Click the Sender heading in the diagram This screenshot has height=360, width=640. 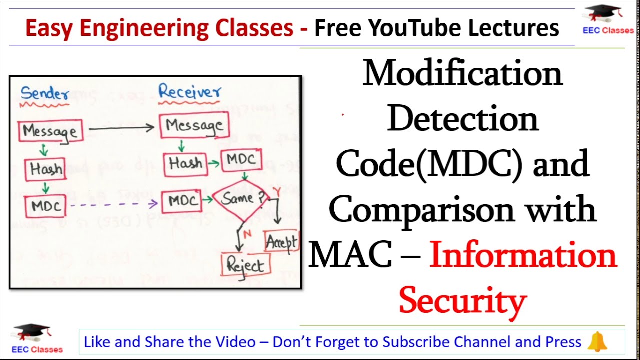[x=45, y=93]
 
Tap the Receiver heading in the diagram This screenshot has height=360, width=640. [x=189, y=91]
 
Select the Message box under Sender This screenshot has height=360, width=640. [x=50, y=131]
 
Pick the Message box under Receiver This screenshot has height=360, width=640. [x=194, y=125]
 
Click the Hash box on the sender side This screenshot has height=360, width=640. [x=45, y=169]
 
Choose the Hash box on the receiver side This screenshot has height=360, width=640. [x=185, y=164]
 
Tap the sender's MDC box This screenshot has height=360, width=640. [x=45, y=206]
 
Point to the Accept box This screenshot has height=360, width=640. [x=281, y=241]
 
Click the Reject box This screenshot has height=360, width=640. [x=246, y=265]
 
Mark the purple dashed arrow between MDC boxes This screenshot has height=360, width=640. [x=114, y=204]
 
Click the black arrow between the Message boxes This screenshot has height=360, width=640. [x=121, y=128]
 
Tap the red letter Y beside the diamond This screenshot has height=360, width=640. [x=276, y=191]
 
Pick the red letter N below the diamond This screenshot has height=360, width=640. [x=247, y=234]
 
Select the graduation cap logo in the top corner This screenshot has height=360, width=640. [x=603, y=13]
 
